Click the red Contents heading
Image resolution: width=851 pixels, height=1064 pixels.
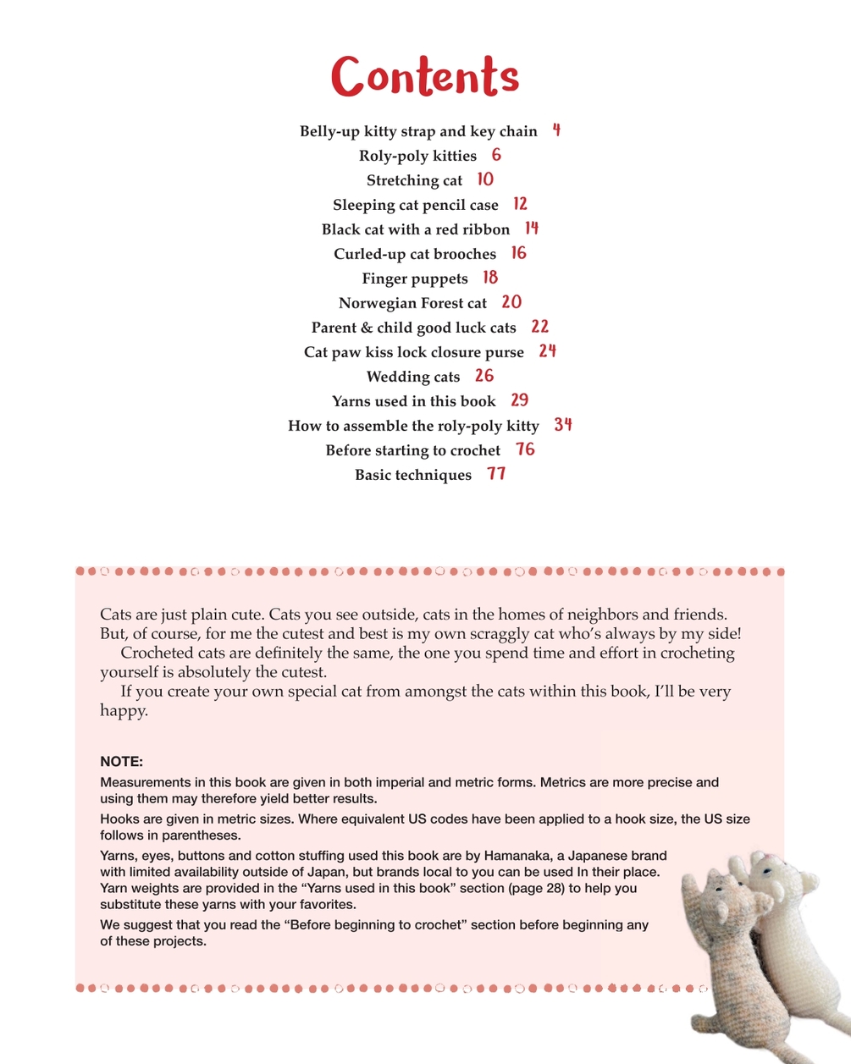[424, 76]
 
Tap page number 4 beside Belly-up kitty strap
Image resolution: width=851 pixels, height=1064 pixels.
[556, 130]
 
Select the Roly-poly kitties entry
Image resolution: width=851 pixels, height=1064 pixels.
[417, 156]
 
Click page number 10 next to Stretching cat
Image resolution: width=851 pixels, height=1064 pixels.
[485, 179]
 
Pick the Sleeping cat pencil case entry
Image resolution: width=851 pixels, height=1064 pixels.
[415, 205]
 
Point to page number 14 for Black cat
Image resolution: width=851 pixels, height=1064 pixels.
[531, 229]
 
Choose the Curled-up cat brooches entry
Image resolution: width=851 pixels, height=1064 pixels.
[414, 254]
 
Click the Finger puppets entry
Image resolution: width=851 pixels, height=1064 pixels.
[414, 278]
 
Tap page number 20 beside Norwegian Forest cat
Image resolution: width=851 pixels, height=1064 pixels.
[511, 302]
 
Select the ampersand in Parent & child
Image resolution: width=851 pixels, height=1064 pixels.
[366, 328]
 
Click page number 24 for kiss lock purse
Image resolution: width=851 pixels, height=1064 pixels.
[547, 351]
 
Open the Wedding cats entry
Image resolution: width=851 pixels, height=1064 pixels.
[412, 377]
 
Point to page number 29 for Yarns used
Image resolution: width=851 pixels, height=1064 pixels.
[520, 400]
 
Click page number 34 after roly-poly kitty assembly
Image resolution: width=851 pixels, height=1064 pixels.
[563, 425]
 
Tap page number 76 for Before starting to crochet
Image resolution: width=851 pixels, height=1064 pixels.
[525, 449]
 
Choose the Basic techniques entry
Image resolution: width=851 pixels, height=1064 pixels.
[412, 475]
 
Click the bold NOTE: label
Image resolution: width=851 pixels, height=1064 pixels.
[121, 761]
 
